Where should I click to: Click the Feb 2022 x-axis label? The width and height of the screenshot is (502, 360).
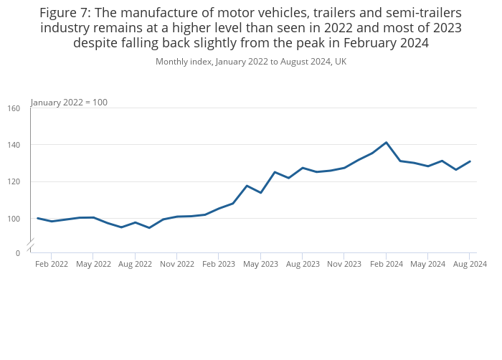click(52, 264)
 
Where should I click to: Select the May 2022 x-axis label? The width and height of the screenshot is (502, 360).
click(93, 264)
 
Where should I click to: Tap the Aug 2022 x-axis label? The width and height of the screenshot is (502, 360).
click(135, 264)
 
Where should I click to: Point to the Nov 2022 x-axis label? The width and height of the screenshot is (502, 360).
click(176, 264)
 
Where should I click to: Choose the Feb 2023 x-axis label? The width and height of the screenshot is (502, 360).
click(219, 264)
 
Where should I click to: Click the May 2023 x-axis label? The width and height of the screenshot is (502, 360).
click(260, 264)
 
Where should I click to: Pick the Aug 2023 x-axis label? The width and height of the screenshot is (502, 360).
click(302, 264)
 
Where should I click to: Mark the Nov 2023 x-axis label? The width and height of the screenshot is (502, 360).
click(344, 264)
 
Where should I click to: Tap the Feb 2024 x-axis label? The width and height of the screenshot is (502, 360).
click(386, 264)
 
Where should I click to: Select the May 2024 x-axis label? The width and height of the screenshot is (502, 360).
click(427, 264)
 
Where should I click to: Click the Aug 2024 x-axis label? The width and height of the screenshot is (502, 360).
click(469, 264)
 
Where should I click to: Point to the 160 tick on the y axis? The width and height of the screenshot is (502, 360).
click(14, 108)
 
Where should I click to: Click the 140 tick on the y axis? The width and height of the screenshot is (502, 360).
click(14, 145)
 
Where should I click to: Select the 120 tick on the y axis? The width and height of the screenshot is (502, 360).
click(14, 181)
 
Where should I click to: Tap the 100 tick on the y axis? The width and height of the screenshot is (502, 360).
click(14, 218)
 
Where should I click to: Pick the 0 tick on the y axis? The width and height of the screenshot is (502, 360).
click(18, 253)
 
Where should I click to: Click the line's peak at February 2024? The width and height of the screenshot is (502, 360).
click(386, 142)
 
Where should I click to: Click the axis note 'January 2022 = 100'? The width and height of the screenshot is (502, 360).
click(70, 102)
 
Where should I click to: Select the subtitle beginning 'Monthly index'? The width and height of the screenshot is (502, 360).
click(251, 61)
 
